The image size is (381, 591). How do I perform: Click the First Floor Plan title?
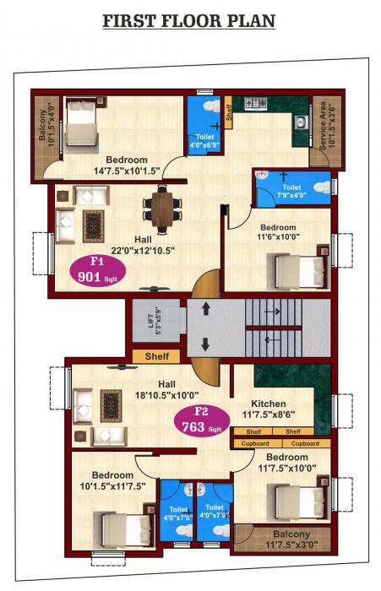tap(189, 20)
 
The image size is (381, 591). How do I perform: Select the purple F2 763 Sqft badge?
tap(203, 419)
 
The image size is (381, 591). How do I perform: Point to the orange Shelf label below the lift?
tap(157, 356)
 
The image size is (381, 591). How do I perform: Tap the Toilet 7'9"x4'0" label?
tap(291, 192)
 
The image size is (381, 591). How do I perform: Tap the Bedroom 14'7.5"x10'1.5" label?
tap(127, 165)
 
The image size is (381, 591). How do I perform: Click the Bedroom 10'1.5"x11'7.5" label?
tap(112, 480)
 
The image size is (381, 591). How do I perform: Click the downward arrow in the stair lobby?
tap(204, 344)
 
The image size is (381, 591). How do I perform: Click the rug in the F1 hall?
tap(93, 225)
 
